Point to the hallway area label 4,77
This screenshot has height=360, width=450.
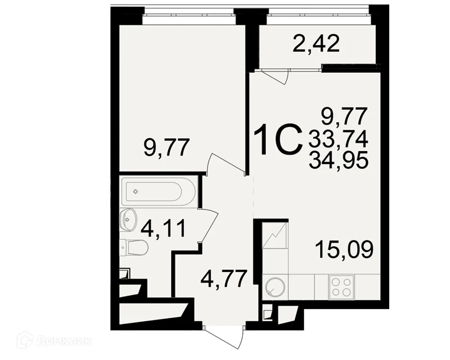224,279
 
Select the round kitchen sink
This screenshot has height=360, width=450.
274,287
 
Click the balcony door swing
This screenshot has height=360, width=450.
274,76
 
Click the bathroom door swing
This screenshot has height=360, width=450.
208,227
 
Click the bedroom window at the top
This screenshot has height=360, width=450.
189,18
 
